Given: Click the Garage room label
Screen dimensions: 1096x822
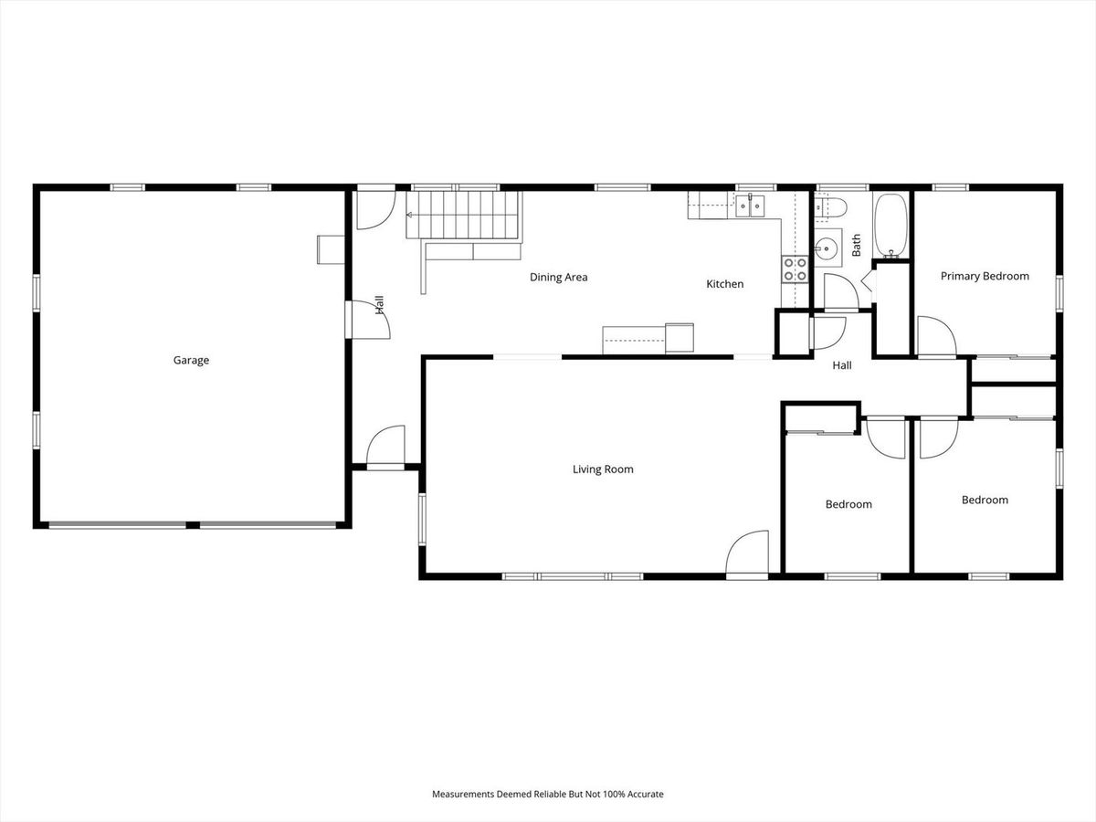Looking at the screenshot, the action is [x=191, y=361].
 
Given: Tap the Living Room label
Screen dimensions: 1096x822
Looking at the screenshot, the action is [x=603, y=469].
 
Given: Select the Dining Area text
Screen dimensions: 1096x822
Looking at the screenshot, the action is [x=558, y=277].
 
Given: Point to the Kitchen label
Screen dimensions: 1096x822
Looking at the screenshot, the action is [x=724, y=284].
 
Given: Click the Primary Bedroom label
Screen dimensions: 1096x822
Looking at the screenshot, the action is [x=985, y=276].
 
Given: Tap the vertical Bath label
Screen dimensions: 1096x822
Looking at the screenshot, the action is [x=856, y=245].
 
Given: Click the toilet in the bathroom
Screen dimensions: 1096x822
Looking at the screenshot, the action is [x=830, y=207].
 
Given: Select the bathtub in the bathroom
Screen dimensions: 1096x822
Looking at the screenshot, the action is [x=890, y=226].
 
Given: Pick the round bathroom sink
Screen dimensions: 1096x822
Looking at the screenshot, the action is [x=827, y=247].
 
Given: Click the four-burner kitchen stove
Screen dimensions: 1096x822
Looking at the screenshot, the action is [x=795, y=269].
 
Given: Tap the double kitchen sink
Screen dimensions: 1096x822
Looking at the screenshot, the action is [x=750, y=206].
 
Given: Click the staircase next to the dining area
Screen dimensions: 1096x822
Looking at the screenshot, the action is [x=464, y=216].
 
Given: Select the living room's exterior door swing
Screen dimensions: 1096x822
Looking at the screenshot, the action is [x=746, y=553].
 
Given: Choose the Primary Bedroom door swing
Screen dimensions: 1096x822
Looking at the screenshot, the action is [x=937, y=336].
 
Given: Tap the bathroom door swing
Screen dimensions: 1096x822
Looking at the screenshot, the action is [x=841, y=291].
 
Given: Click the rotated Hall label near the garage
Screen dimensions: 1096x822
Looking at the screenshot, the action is [x=379, y=305].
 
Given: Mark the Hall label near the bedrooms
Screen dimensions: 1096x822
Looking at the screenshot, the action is [x=842, y=365].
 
